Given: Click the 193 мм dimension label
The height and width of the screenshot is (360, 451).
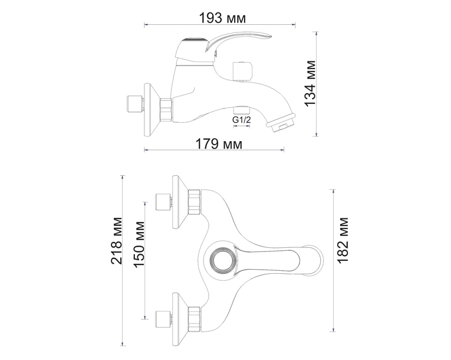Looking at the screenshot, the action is pyautogui.click(x=223, y=18).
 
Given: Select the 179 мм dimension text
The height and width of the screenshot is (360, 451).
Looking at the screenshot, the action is pyautogui.click(x=219, y=144).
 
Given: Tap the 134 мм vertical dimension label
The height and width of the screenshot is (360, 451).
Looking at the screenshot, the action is pyautogui.click(x=310, y=84).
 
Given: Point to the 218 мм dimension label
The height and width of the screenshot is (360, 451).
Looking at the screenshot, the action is pyautogui.click(x=117, y=240).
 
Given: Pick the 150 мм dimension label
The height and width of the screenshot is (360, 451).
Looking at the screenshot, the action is pyautogui.click(x=139, y=244).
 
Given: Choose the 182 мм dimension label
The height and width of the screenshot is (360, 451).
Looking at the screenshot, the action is pyautogui.click(x=343, y=240).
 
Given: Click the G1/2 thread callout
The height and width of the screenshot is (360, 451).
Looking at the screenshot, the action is pyautogui.click(x=242, y=120).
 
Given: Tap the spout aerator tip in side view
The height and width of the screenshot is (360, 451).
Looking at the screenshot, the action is pyautogui.click(x=281, y=122).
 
